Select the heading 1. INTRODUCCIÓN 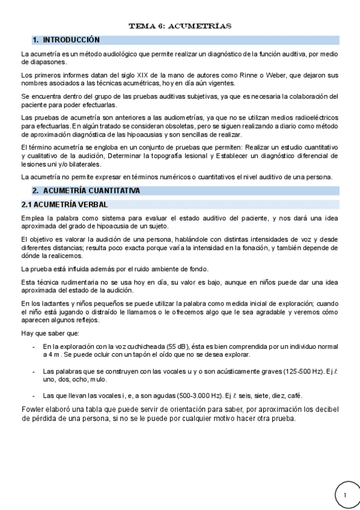[x=66, y=40]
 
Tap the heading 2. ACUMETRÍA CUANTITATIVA [x=86, y=191]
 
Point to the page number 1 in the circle [x=346, y=494]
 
